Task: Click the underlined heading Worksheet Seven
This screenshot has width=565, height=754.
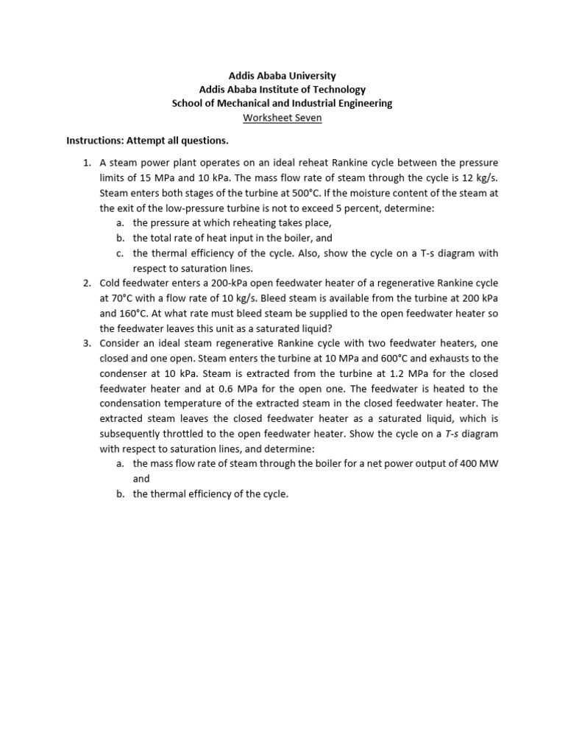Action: [x=282, y=118]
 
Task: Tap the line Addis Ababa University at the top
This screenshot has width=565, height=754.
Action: [x=282, y=75]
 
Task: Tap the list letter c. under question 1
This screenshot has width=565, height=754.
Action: [x=120, y=253]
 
